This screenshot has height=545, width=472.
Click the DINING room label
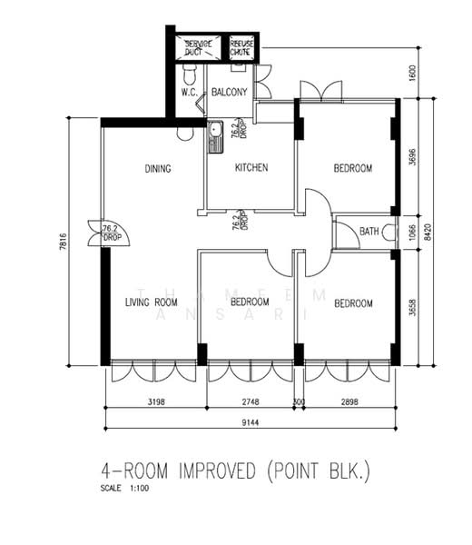[x=159, y=168]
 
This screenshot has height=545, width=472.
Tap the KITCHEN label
[x=251, y=168]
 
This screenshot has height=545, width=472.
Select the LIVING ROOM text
[x=151, y=302]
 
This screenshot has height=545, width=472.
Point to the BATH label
[x=369, y=233]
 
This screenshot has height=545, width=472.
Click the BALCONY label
[x=230, y=93]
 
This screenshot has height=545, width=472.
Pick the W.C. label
[x=190, y=93]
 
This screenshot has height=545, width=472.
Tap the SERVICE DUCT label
[x=198, y=48]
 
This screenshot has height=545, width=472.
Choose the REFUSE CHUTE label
[x=241, y=48]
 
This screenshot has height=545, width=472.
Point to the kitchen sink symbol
[x=216, y=137]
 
